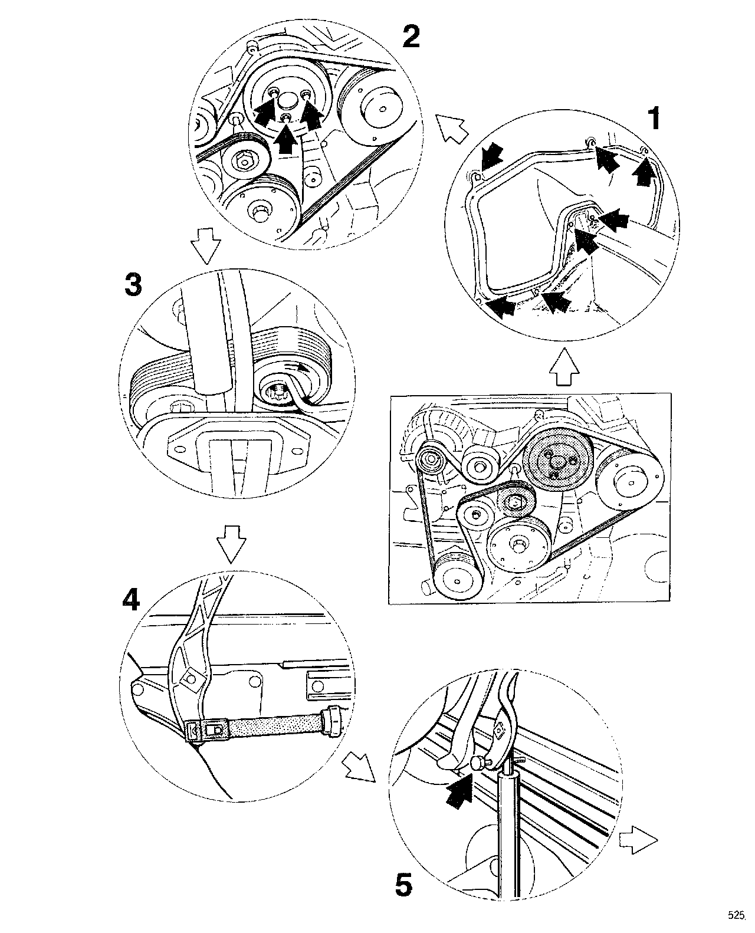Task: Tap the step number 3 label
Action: coord(133,286)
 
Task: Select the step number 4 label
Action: coord(131,600)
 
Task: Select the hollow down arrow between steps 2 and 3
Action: coord(207,251)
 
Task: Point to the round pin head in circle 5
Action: coord(475,763)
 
